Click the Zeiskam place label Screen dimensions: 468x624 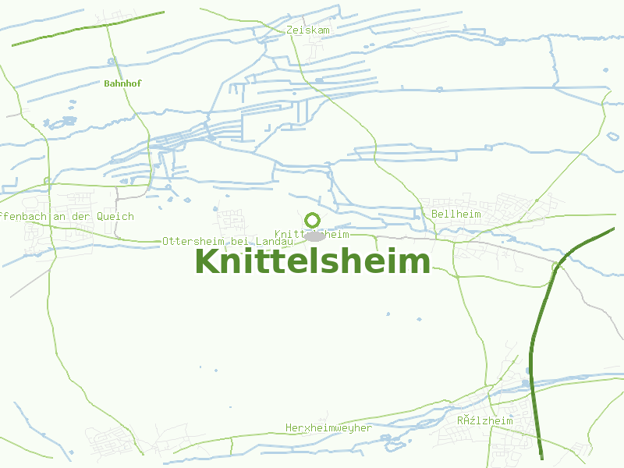pyautogui.click(x=308, y=30)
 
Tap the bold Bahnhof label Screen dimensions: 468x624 pyautogui.click(x=122, y=83)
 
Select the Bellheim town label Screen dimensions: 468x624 pyautogui.click(x=456, y=214)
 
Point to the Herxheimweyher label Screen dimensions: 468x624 pyautogui.click(x=328, y=427)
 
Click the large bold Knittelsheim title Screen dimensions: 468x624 pyautogui.click(x=312, y=261)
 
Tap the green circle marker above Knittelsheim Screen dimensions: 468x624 pyautogui.click(x=313, y=220)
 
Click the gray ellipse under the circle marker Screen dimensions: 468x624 pyautogui.click(x=314, y=236)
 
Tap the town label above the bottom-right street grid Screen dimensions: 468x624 pyautogui.click(x=485, y=420)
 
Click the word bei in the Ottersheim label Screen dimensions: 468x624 pyautogui.click(x=239, y=242)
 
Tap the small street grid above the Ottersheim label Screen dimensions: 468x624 pyautogui.click(x=231, y=219)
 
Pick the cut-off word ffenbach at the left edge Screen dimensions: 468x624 pyautogui.click(x=23, y=217)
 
